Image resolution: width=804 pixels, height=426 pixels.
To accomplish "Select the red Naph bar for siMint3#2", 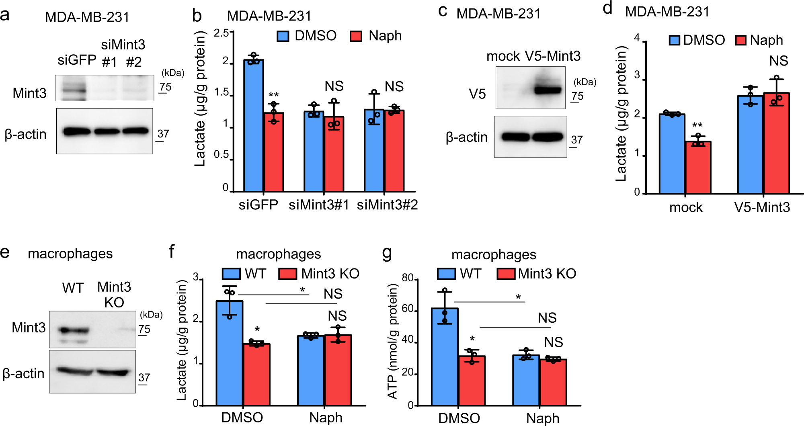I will pyautogui.click(x=394, y=151).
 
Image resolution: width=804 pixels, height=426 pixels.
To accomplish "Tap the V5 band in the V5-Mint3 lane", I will pyautogui.click(x=548, y=90).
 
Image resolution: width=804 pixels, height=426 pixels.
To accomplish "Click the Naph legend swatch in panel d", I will pyautogui.click(x=740, y=40).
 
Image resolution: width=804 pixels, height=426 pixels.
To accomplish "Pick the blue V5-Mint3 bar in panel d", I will pyautogui.click(x=750, y=145).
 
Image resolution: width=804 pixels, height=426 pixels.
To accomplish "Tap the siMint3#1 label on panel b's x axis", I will pyautogui.click(x=319, y=205).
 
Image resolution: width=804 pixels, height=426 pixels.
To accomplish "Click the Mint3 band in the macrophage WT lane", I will pyautogui.click(x=73, y=330).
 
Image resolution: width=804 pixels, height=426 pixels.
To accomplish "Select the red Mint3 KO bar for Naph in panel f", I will pyautogui.click(x=338, y=370).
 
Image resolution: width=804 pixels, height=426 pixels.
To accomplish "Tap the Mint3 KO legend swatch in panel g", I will pyautogui.click(x=506, y=274).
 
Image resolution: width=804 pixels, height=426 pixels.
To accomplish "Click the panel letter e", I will pyautogui.click(x=5, y=253).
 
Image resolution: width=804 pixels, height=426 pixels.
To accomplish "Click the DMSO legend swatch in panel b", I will pyautogui.click(x=283, y=36).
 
